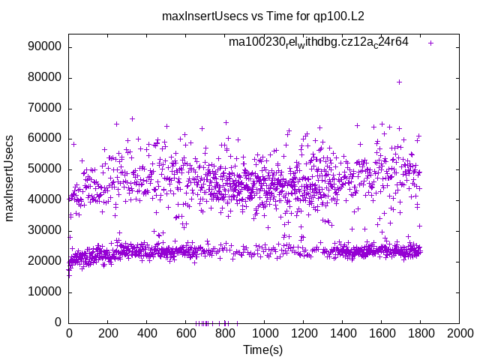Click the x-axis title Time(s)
pos(263,349)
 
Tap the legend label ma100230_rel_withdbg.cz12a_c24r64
pos(319,43)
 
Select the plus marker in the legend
pos(430,43)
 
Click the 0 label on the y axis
pos(58,322)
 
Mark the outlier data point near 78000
pos(399,82)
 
